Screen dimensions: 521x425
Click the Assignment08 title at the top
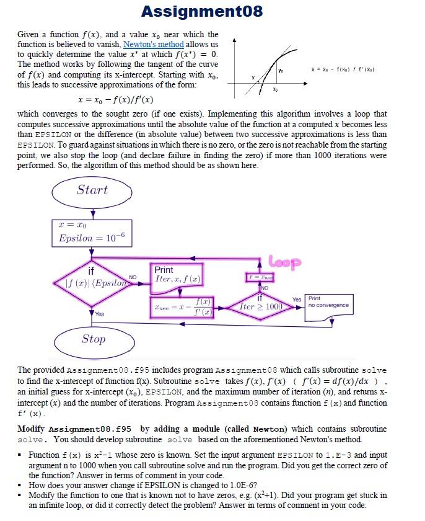point(202,12)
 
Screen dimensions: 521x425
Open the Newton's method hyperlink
point(153,44)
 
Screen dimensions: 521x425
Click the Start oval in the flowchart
point(92,190)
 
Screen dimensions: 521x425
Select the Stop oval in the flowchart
point(93,339)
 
